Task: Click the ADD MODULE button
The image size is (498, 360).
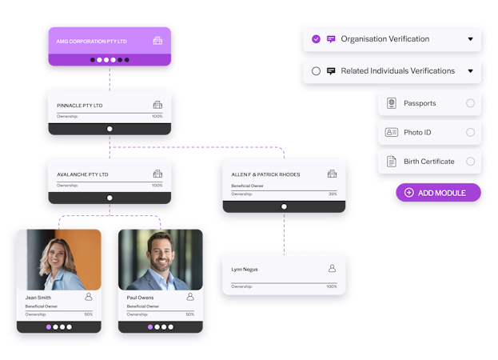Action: coord(439,193)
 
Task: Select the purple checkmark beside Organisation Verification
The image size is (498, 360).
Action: coord(317,38)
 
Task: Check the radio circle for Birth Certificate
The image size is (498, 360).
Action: coord(470,162)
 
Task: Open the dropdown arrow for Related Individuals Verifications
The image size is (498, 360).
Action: coord(471,71)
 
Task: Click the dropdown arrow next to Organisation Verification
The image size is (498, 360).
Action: coord(471,39)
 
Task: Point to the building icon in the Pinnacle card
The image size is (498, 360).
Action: coord(157,105)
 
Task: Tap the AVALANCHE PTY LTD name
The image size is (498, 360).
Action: coord(82,174)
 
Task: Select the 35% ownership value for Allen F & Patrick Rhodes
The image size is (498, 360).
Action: coord(332,194)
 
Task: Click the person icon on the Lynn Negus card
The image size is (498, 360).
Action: coord(332,269)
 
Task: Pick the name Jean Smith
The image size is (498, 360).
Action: coord(38,298)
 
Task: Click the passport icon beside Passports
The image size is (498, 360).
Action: coord(392,103)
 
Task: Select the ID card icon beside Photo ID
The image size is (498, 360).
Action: coord(392,132)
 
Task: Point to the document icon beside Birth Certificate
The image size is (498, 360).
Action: coord(392,162)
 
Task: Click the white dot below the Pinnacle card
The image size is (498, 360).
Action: coord(110,129)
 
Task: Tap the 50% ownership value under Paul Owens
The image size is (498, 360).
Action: coord(189,314)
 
